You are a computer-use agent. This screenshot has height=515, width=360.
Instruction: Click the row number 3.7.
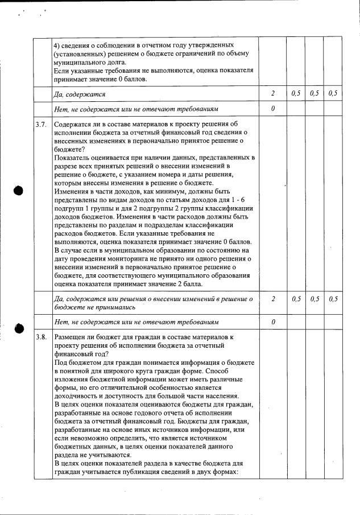[40, 124]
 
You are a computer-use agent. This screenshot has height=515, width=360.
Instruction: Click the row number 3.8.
[40, 337]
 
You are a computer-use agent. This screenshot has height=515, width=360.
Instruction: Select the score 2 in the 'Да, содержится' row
[273, 93]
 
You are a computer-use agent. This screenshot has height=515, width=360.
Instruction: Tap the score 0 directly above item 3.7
[273, 108]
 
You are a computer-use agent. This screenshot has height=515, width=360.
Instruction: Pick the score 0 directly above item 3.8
[273, 322]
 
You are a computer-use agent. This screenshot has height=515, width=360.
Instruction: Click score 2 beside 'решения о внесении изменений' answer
[273, 299]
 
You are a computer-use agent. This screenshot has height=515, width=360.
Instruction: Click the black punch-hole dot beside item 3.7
[19, 190]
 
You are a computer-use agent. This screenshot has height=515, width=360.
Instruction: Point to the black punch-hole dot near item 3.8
[19, 328]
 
